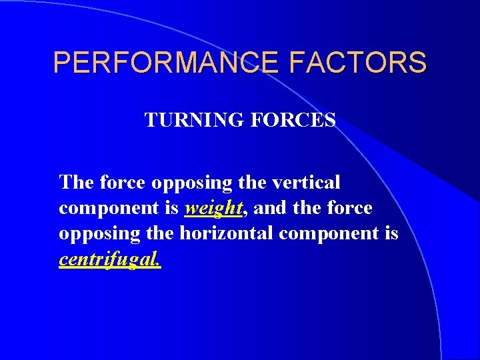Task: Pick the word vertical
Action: [x=305, y=181]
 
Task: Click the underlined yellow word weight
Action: [x=213, y=209]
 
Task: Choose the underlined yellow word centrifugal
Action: [x=110, y=259]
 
